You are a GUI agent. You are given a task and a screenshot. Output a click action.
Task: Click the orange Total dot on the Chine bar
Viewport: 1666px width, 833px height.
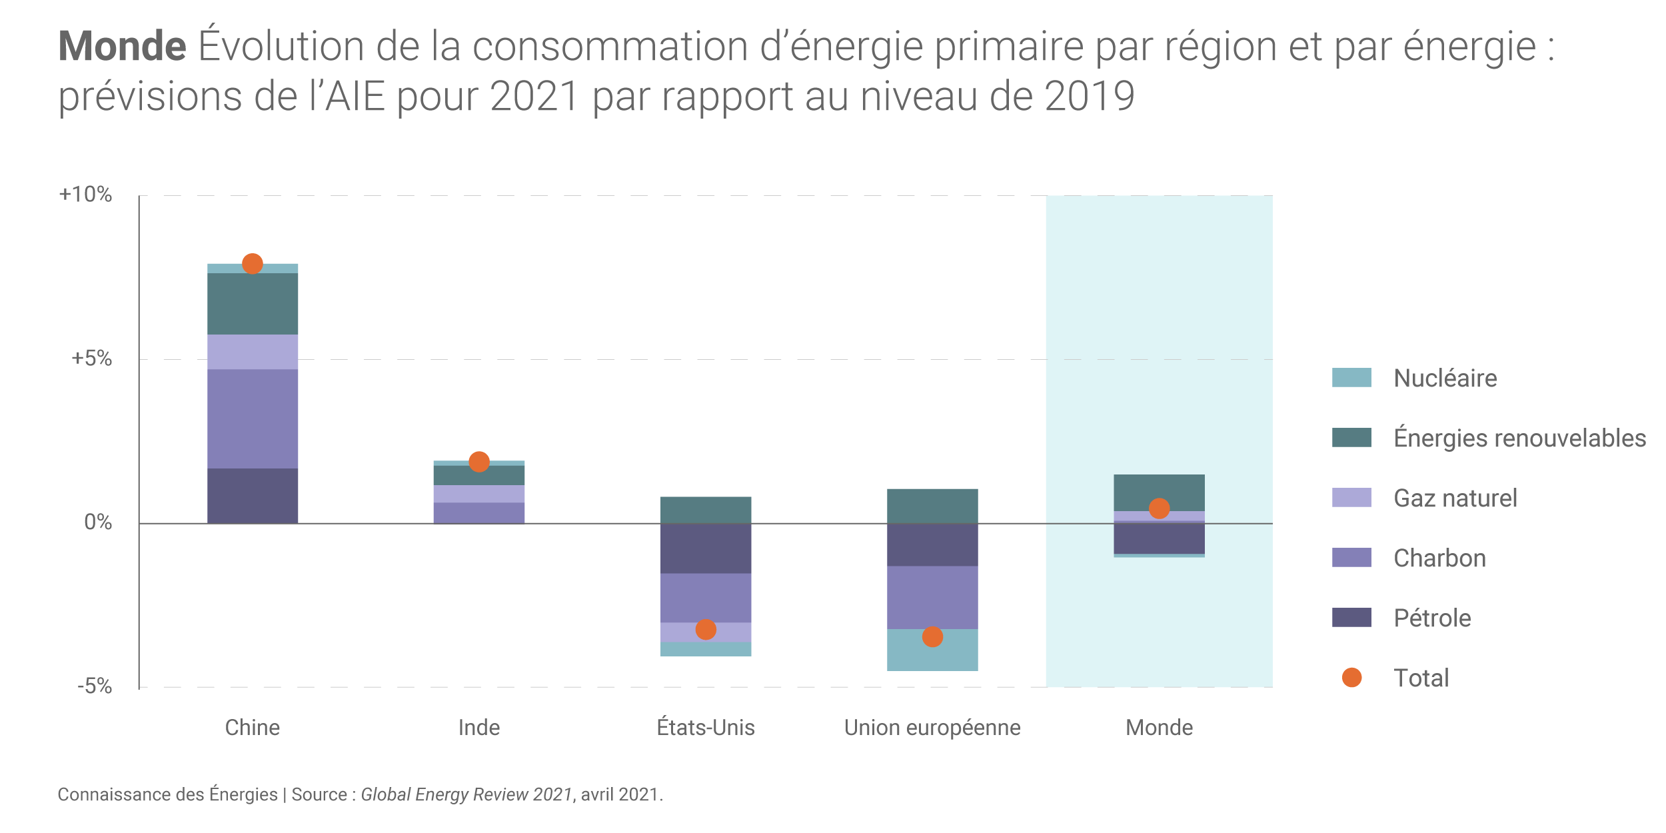click(252, 264)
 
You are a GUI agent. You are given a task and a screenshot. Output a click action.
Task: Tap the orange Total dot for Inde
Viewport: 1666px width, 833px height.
click(479, 462)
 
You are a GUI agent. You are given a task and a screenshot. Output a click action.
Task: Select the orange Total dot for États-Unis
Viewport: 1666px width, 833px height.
click(706, 630)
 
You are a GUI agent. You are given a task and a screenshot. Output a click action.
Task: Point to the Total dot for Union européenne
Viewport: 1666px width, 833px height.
click(932, 637)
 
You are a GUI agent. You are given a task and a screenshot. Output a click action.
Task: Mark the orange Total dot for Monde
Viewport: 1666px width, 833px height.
click(1160, 508)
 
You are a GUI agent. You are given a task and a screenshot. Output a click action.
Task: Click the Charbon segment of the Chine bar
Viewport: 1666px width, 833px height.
click(252, 418)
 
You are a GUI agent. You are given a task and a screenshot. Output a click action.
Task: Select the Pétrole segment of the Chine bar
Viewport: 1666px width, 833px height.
click(252, 496)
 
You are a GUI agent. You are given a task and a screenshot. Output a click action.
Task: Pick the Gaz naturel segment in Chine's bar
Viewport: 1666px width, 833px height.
click(252, 352)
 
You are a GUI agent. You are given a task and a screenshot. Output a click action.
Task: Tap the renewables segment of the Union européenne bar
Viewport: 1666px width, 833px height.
click(932, 506)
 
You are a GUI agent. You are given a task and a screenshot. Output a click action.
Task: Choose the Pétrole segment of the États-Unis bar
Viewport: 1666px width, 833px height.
click(706, 548)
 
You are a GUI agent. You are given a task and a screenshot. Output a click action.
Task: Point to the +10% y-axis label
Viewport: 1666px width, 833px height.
click(85, 195)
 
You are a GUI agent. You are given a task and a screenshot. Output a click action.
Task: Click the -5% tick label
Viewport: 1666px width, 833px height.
click(94, 686)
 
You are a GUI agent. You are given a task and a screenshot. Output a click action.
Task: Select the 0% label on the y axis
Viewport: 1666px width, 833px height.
click(97, 522)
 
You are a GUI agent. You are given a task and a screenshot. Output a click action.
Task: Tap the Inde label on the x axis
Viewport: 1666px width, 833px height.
click(479, 728)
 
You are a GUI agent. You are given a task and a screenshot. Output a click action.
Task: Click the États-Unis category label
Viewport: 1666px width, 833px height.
click(706, 728)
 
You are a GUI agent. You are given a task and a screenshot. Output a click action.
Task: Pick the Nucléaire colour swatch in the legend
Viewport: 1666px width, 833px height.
click(1351, 378)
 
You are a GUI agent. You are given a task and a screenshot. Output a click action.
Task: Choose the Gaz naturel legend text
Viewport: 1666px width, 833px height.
click(1455, 498)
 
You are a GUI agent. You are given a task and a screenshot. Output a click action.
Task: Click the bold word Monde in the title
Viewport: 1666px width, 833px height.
click(122, 46)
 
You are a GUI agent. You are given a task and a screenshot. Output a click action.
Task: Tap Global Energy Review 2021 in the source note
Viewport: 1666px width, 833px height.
click(466, 794)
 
